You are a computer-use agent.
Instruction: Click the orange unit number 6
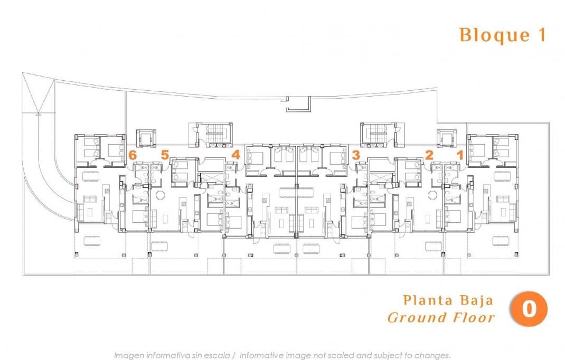tap(133, 155)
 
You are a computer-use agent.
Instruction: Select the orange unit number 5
tap(165, 155)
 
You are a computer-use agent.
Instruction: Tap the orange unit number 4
tap(236, 155)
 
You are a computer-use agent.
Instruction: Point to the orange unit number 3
tap(356, 155)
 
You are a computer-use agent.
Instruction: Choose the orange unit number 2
tap(429, 155)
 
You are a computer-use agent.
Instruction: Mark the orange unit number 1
tap(460, 155)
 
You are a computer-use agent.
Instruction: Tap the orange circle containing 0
tap(529, 309)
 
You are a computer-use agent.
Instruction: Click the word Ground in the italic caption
tap(417, 318)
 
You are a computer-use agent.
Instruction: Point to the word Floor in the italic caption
tap(474, 318)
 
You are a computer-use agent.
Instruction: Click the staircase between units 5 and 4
tap(214, 134)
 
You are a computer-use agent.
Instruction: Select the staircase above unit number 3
tap(378, 134)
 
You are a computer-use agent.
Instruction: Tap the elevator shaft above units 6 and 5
tap(146, 138)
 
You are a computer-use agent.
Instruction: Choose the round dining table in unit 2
tap(432, 195)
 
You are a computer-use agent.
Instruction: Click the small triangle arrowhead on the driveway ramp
tap(37, 112)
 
